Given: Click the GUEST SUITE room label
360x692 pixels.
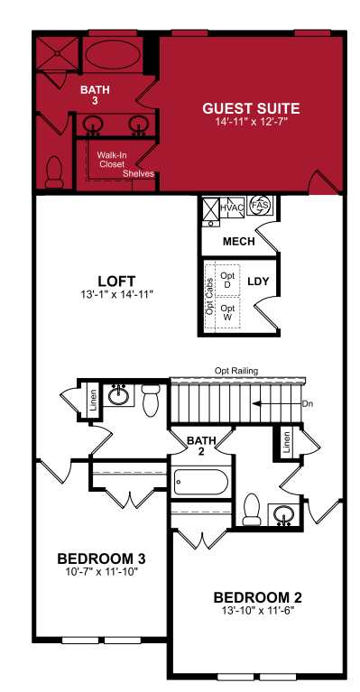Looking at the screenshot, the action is (x=251, y=108).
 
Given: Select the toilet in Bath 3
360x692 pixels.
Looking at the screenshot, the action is (x=54, y=172).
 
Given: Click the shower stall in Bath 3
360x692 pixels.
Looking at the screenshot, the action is (x=57, y=53).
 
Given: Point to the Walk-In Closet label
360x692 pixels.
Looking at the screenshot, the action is (x=110, y=160).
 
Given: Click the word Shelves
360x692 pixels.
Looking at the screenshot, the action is (x=139, y=173).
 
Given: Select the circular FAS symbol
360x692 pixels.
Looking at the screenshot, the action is (x=259, y=205).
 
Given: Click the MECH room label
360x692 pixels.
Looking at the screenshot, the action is (x=239, y=242).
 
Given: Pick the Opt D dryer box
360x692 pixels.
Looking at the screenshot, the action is (x=227, y=281).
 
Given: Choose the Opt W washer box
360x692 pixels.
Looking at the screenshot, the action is (x=227, y=312).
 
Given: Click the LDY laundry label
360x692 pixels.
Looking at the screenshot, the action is (x=258, y=281).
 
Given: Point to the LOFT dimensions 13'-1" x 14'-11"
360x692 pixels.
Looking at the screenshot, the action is (x=116, y=294).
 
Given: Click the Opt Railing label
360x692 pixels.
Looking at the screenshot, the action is (x=236, y=371).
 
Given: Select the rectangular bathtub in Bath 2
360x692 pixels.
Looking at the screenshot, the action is (x=200, y=482).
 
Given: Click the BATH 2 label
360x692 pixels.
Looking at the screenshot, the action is (x=201, y=446).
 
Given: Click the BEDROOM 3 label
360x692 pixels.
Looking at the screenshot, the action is (x=101, y=558).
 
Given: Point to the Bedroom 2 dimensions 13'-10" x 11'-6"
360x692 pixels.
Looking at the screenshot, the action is (x=258, y=611).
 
